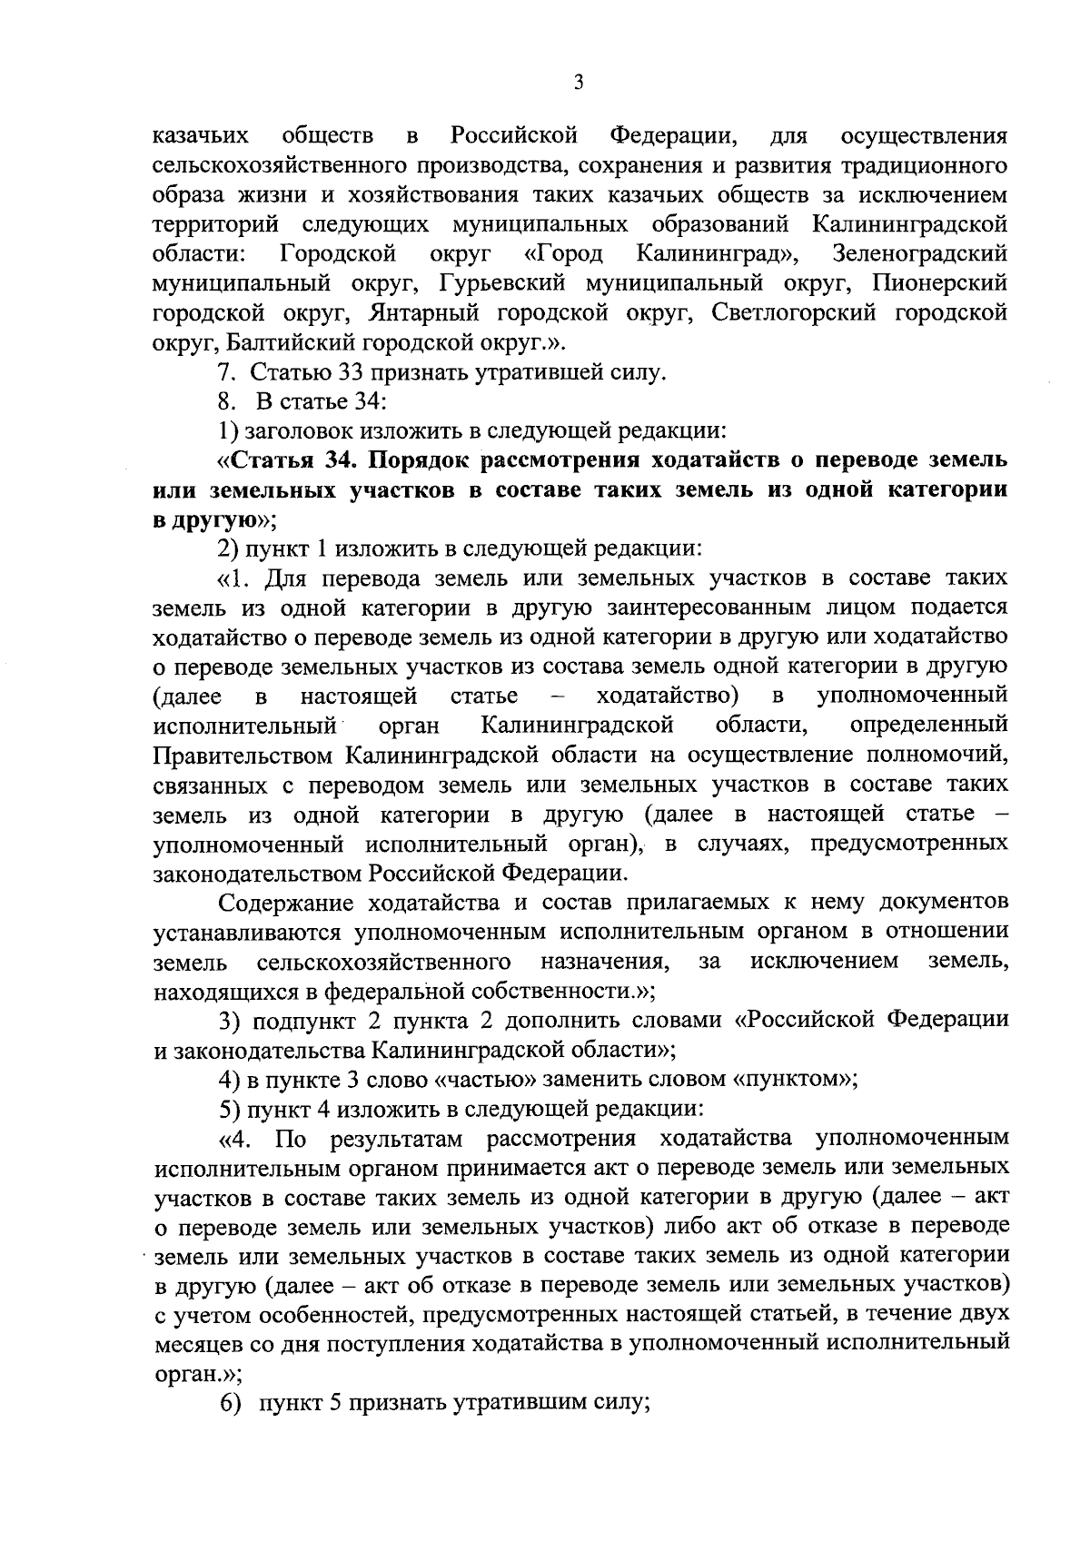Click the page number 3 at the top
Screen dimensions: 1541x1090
[580, 84]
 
